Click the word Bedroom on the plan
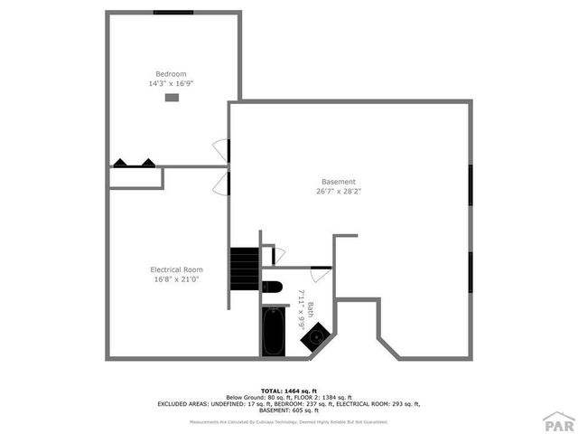pyautogui.click(x=171, y=74)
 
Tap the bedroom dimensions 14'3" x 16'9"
pyautogui.click(x=171, y=83)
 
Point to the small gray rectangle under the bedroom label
pyautogui.click(x=172, y=97)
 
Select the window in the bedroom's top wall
pyautogui.click(x=172, y=13)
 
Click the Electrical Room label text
pyautogui.click(x=176, y=269)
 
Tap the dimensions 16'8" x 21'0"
pyautogui.click(x=176, y=279)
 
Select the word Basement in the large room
pyautogui.click(x=338, y=182)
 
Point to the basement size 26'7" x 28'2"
pyautogui.click(x=338, y=192)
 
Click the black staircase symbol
pyautogui.click(x=244, y=268)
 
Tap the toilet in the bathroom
pyautogui.click(x=272, y=288)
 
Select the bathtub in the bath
pyautogui.click(x=273, y=332)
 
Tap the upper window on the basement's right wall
pyautogui.click(x=470, y=192)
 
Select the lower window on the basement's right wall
pyautogui.click(x=470, y=271)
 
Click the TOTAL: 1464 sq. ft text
pyautogui.click(x=289, y=391)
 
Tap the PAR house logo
pyautogui.click(x=559, y=421)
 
